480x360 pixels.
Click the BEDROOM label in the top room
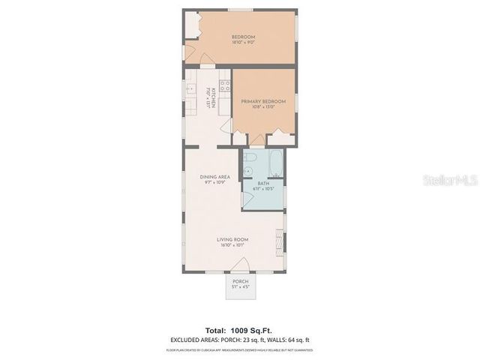pyautogui.click(x=243, y=37)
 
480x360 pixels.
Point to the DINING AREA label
pyautogui.click(x=214, y=176)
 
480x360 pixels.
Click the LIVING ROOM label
pyautogui.click(x=232, y=240)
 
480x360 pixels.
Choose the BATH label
pyautogui.click(x=263, y=183)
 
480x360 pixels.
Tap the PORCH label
pyautogui.click(x=240, y=281)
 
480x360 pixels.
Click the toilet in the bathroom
pyautogui.click(x=251, y=160)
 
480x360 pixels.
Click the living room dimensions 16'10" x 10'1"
pyautogui.click(x=232, y=246)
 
